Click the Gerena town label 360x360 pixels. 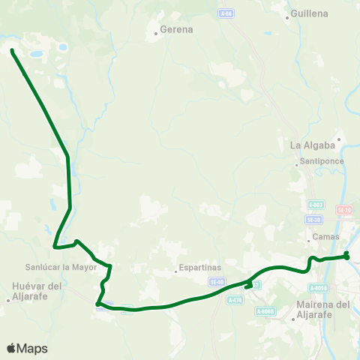[176, 31]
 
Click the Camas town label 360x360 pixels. [326, 238]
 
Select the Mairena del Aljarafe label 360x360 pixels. [323, 309]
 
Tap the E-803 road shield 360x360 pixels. [316, 205]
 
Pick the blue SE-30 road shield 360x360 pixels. [313, 220]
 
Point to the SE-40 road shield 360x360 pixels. [217, 281]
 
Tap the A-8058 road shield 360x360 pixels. [319, 287]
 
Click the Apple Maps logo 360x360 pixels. [27, 348]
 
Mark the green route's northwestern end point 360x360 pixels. [13, 51]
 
